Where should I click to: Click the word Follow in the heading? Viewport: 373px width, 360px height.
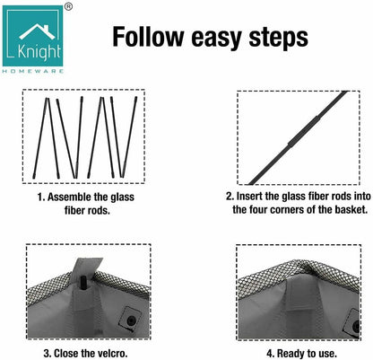pos(148,37)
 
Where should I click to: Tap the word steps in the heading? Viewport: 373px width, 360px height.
pos(278,39)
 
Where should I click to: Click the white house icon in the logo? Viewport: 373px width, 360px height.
pos(37,31)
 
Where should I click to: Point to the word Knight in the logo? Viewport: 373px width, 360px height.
pos(39,52)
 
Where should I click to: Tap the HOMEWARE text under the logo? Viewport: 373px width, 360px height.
pos(33,71)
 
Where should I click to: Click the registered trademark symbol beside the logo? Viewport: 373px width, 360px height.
pos(68,6)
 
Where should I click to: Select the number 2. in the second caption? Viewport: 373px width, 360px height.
pos(230,197)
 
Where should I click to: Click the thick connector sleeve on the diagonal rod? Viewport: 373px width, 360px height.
pos(304,131)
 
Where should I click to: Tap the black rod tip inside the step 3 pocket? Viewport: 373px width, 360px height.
pos(83,283)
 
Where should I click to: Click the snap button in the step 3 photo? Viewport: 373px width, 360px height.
pos(131,320)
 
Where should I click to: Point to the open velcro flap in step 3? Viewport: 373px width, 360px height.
pos(87,267)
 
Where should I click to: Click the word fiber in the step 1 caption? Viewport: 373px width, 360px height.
pos(74,210)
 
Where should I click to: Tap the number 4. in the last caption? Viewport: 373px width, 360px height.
pos(270,354)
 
